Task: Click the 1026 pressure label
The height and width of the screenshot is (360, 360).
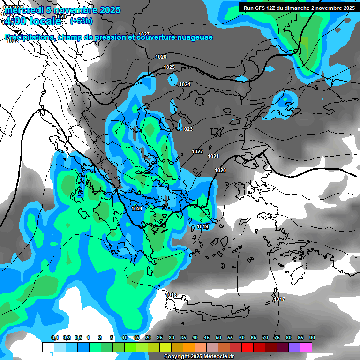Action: (161, 57)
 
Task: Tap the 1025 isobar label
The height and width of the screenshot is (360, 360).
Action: (169, 67)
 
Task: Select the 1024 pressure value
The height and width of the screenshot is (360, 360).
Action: (185, 84)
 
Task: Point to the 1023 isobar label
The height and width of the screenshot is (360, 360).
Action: (187, 129)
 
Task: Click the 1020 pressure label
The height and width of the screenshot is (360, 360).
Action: (220, 170)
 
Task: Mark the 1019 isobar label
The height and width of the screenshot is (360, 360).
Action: (202, 226)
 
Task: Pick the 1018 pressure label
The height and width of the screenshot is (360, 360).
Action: (171, 295)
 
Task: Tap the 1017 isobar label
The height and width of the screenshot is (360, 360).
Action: (279, 299)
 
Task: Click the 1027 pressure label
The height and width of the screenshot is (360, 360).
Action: (144, 34)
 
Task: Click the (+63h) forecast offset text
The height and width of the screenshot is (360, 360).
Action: (81, 21)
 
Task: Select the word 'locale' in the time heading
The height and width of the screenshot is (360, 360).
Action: (45, 21)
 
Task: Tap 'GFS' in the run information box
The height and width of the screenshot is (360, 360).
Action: (262, 7)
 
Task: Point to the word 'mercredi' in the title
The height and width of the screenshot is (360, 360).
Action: (21, 10)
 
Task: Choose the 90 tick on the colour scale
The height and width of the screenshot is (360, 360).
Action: (312, 337)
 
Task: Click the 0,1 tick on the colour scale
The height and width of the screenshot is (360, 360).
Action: (55, 337)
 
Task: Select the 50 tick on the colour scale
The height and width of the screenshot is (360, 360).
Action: (218, 337)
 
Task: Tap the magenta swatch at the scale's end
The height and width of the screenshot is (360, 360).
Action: (306, 347)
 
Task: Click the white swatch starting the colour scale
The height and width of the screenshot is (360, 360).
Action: (48, 347)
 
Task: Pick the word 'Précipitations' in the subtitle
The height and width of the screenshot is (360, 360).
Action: (29, 37)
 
